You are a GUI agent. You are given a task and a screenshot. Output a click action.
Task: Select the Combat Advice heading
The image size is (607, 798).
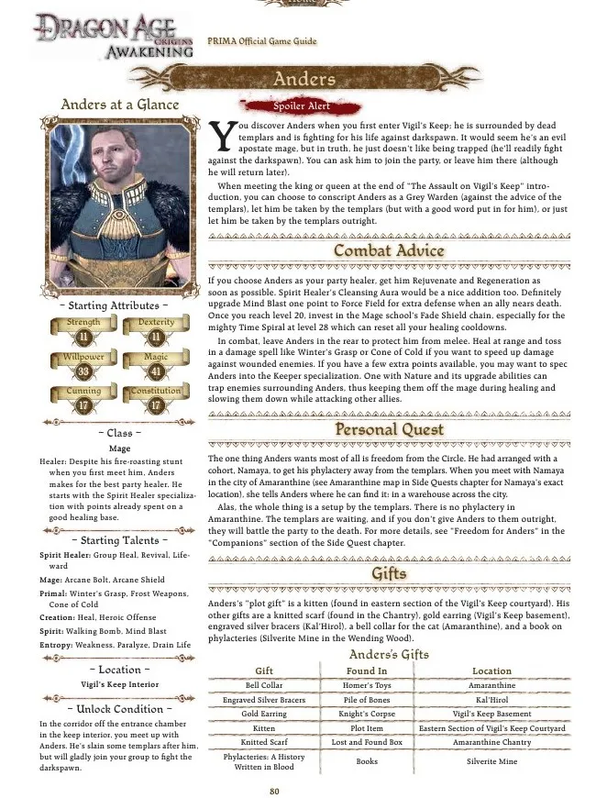(x=389, y=250)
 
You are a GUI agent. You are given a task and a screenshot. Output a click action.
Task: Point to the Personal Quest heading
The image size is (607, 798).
(x=389, y=428)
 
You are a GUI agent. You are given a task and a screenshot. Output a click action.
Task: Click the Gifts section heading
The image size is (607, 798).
(x=389, y=574)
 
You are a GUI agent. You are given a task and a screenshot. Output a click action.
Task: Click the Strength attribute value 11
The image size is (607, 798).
(x=83, y=338)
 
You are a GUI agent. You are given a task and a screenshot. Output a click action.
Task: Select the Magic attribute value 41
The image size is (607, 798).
(x=156, y=371)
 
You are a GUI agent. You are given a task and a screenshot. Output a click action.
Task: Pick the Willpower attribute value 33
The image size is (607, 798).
(x=83, y=371)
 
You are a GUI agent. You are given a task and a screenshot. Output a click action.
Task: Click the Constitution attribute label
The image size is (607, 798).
(x=156, y=392)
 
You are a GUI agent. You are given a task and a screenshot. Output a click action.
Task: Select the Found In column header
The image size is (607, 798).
(x=366, y=671)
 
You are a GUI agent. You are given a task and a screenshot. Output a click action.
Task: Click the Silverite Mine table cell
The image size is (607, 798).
(x=491, y=761)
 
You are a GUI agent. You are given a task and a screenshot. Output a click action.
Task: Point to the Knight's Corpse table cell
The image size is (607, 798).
(x=366, y=713)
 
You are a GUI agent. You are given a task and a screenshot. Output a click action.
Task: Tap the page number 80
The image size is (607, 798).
(x=274, y=791)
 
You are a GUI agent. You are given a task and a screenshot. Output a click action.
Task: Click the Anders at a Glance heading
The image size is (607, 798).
(x=119, y=105)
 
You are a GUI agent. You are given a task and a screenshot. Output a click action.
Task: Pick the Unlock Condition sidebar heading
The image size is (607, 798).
(x=119, y=709)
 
